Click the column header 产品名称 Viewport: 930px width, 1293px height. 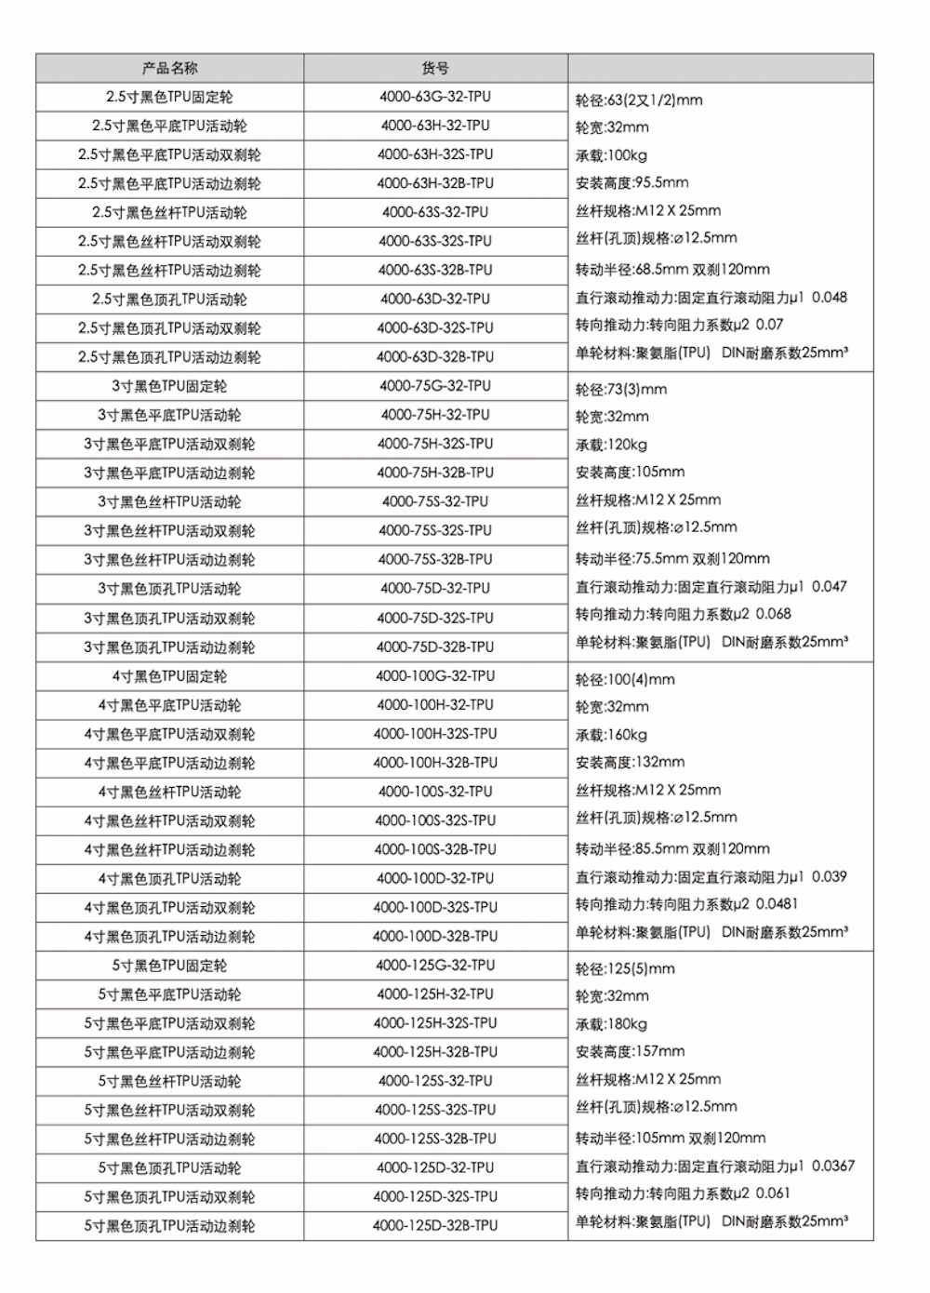pyautogui.click(x=169, y=68)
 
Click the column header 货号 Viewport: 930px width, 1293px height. pyautogui.click(x=435, y=68)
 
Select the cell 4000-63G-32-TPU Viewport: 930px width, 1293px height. pyautogui.click(x=435, y=97)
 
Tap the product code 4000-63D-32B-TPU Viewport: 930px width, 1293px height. pyautogui.click(x=435, y=356)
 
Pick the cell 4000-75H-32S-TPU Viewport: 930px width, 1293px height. pyautogui.click(x=435, y=444)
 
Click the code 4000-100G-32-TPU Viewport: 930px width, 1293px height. pyautogui.click(x=435, y=676)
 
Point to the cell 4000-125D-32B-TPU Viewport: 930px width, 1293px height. pyautogui.click(x=435, y=1226)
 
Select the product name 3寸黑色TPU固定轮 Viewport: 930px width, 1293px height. pyautogui.click(x=169, y=386)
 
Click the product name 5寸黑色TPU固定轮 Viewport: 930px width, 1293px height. pyautogui.click(x=169, y=966)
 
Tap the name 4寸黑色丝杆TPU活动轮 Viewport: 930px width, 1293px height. pyautogui.click(x=169, y=792)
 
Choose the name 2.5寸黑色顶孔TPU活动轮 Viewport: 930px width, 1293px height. pyautogui.click(x=169, y=299)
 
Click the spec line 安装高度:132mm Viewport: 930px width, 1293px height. pyautogui.click(x=630, y=762)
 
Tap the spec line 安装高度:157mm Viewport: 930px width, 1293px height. pyautogui.click(x=630, y=1051)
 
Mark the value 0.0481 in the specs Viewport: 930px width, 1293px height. pyautogui.click(x=777, y=904)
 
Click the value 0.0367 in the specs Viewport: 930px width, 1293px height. pyautogui.click(x=833, y=1166)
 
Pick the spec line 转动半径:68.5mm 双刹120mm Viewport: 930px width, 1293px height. pyautogui.click(x=672, y=270)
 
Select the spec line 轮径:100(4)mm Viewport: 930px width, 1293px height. pyautogui.click(x=625, y=680)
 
